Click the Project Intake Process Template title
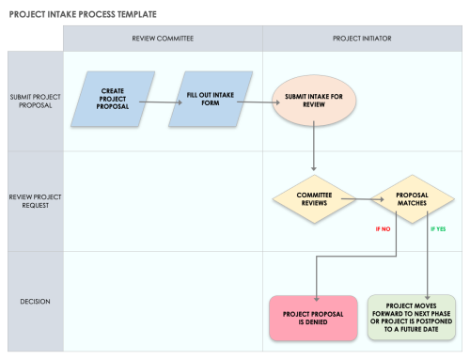84,15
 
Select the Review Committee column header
163,39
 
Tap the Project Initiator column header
362,39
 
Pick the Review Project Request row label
36,201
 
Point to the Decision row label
36,302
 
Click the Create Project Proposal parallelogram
113,98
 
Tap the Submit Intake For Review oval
314,102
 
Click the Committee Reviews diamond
313,199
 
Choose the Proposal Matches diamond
411,199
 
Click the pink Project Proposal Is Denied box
312,316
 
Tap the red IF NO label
383,228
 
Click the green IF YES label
439,228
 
